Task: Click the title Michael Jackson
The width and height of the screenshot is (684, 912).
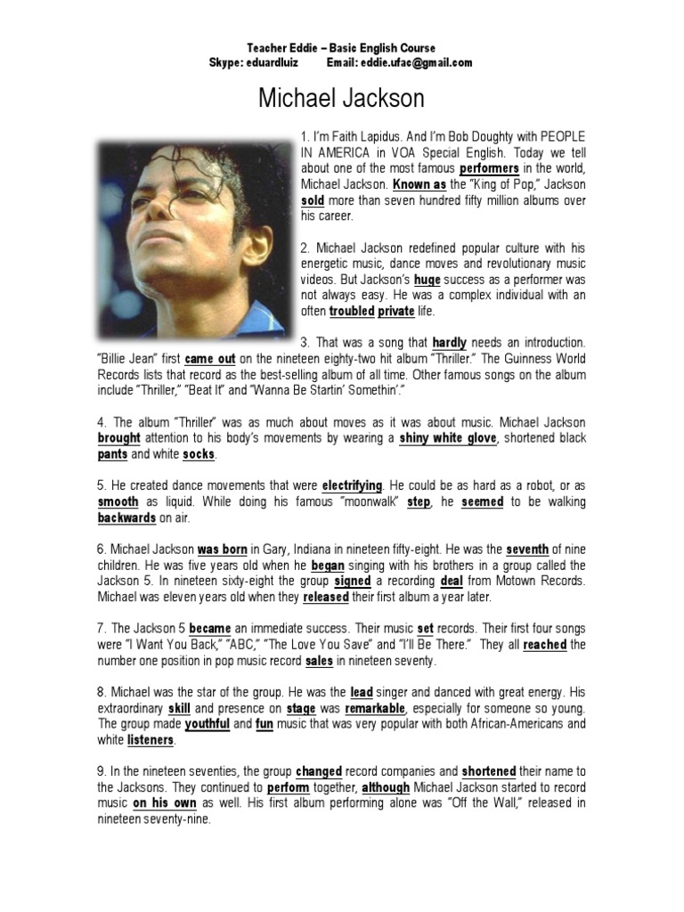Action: pyautogui.click(x=341, y=98)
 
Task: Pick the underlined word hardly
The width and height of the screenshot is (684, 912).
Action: pyautogui.click(x=450, y=342)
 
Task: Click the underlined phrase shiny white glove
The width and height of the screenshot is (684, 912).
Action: pyautogui.click(x=448, y=438)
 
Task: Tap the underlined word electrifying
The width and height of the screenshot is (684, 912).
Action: pyautogui.click(x=352, y=485)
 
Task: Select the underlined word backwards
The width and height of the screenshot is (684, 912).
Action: pyautogui.click(x=126, y=517)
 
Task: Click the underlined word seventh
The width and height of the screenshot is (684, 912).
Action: pyautogui.click(x=527, y=550)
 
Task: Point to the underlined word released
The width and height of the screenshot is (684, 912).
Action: pyautogui.click(x=325, y=598)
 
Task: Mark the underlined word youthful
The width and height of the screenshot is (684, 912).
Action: pyautogui.click(x=207, y=724)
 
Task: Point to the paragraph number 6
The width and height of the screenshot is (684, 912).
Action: pyautogui.click(x=101, y=550)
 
